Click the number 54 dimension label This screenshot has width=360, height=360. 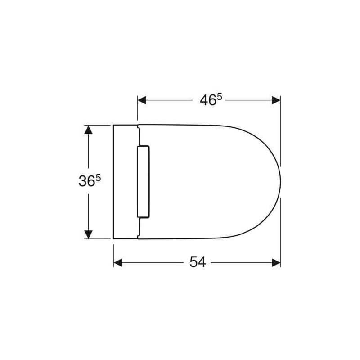[198, 262]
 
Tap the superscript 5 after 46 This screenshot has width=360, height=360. [219, 98]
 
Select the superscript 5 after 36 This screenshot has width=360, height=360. [98, 178]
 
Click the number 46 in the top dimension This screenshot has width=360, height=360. [208, 100]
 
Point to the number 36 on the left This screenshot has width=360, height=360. [87, 181]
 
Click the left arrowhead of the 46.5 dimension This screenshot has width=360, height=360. [142, 100]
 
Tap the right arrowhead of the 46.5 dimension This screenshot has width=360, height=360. [276, 100]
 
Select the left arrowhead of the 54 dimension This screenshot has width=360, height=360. [118, 263]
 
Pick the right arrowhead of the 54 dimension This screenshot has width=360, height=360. [276, 263]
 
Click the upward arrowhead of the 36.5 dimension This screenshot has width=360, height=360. [88, 130]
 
